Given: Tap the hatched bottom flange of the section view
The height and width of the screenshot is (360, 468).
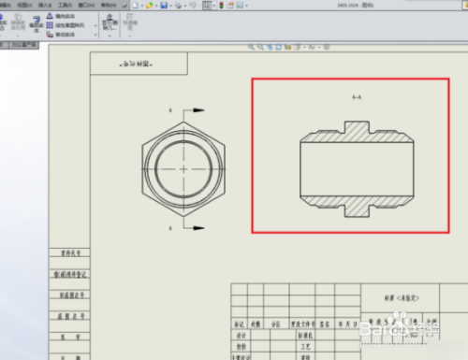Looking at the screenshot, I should (x=356, y=209).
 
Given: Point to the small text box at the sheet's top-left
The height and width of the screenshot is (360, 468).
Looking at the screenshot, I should (x=139, y=64).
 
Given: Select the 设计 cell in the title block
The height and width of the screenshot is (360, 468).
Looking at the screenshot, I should (x=241, y=333).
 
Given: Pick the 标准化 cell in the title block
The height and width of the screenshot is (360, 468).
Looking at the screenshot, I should (x=303, y=333).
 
